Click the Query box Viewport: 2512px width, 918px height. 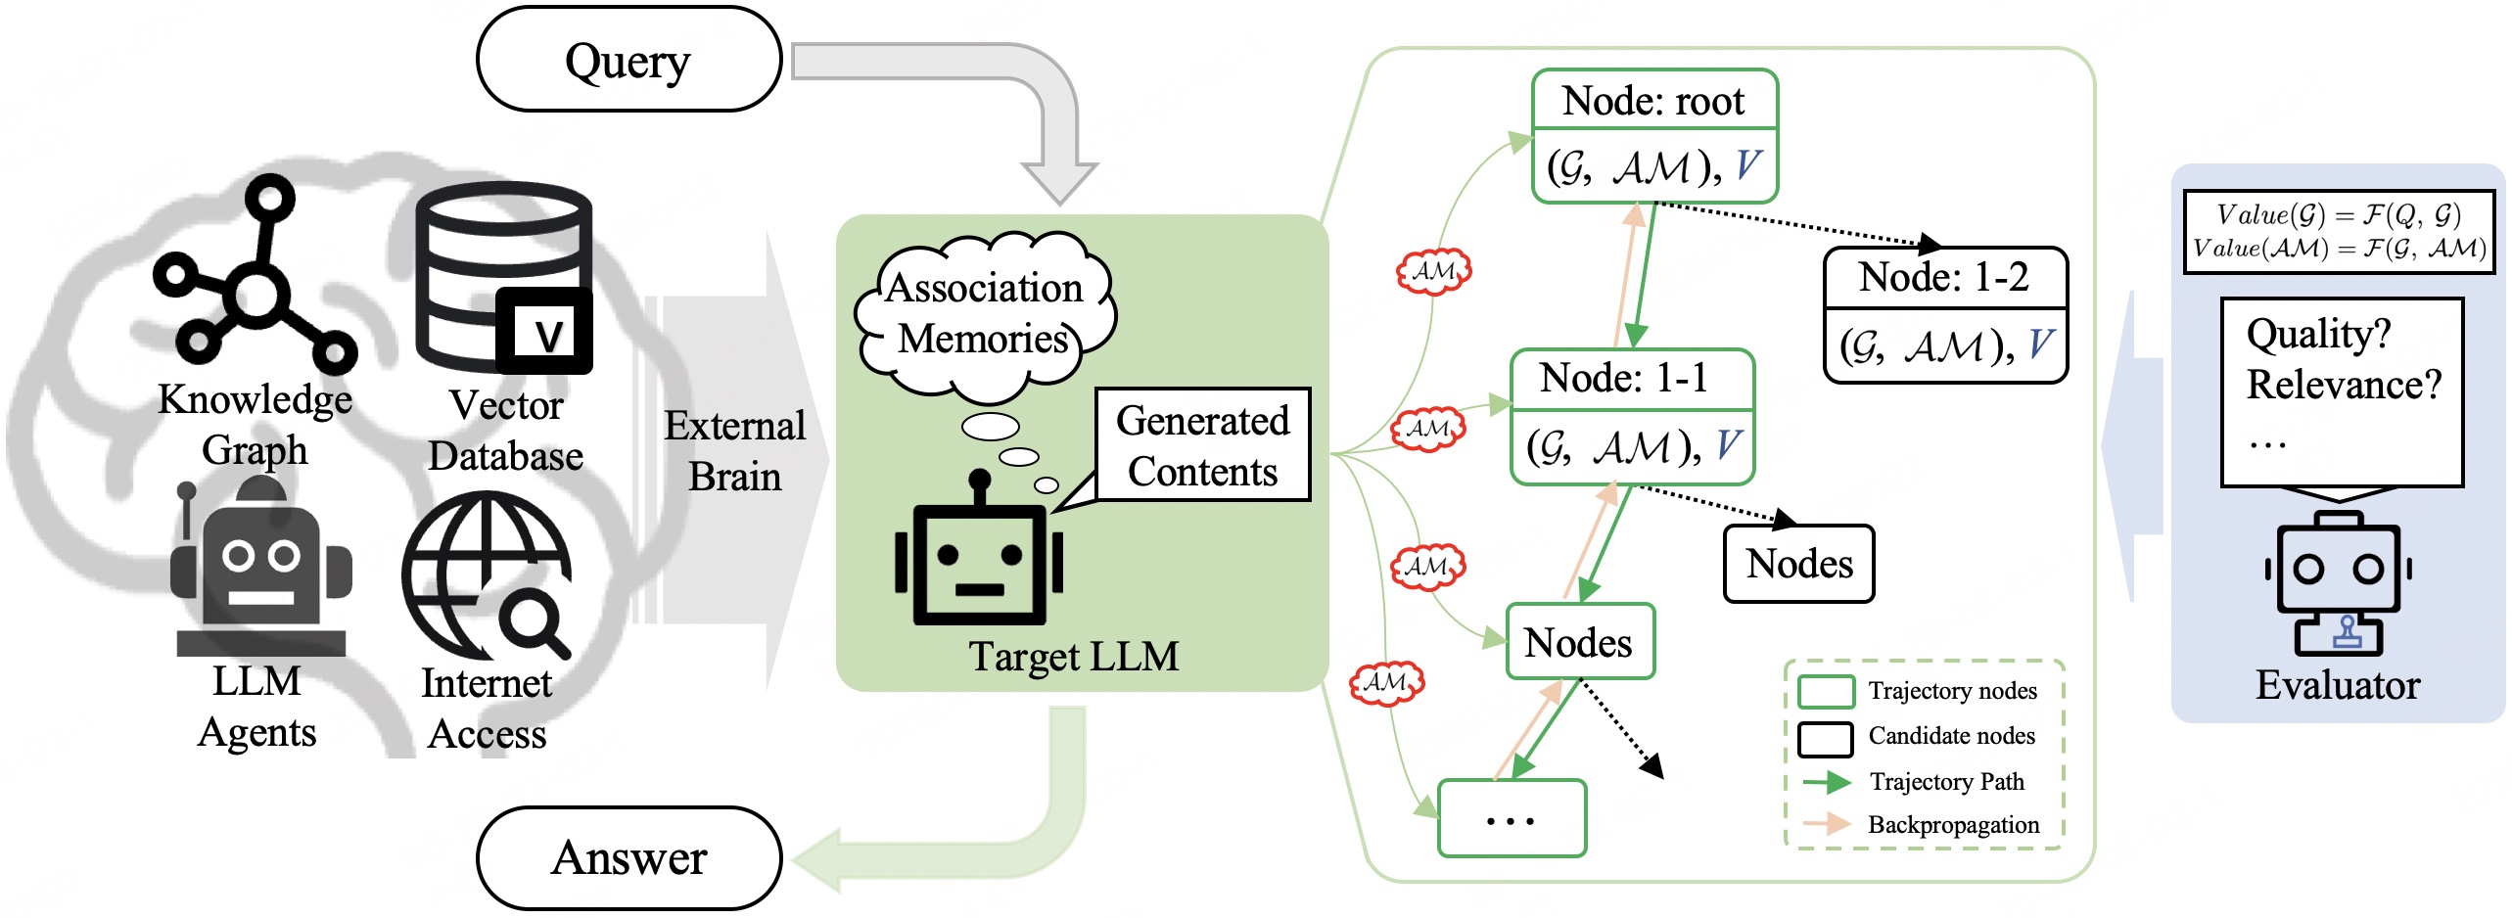pos(628,61)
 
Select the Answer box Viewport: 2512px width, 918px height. pos(628,858)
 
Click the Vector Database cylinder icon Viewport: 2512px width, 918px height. pos(504,278)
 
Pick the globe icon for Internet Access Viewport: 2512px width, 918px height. pos(487,575)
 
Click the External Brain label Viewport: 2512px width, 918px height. pos(734,451)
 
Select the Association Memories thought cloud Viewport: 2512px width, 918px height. pos(984,313)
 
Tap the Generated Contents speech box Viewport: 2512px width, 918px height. pos(1202,445)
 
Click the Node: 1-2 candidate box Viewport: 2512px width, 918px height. pos(1945,314)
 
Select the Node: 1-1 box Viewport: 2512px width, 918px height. pos(1632,416)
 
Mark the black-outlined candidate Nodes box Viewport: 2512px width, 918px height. pos(1798,564)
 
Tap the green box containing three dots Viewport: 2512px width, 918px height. pos(1512,818)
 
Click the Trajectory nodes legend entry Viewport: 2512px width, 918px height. pos(1919,691)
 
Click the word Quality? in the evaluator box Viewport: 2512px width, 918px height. pos(2318,335)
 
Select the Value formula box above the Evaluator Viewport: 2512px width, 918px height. pos(2338,232)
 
